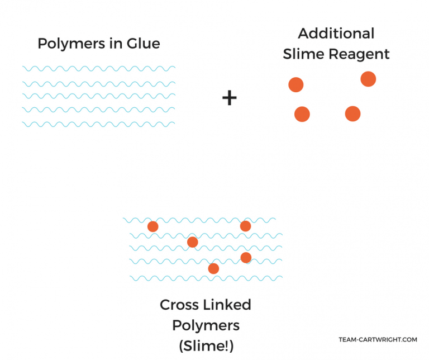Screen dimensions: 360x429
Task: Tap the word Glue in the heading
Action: click(142, 44)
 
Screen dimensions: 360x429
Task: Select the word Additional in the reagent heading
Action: click(336, 34)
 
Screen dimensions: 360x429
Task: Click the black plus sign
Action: click(230, 98)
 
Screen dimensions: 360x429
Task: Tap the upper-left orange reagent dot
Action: click(295, 85)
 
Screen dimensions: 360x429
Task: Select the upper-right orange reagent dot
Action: click(368, 79)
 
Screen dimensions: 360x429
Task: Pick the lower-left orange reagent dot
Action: click(302, 114)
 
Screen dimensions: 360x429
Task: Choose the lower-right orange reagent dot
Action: click(352, 114)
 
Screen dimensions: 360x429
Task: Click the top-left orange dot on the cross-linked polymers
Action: click(152, 226)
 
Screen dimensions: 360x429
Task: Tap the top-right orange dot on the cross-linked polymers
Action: click(245, 226)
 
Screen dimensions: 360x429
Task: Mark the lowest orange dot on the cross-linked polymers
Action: click(213, 269)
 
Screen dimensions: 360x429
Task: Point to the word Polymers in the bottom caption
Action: click(206, 325)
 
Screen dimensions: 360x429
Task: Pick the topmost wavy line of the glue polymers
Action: click(98, 69)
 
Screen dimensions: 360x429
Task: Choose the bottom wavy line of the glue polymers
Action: click(98, 124)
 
